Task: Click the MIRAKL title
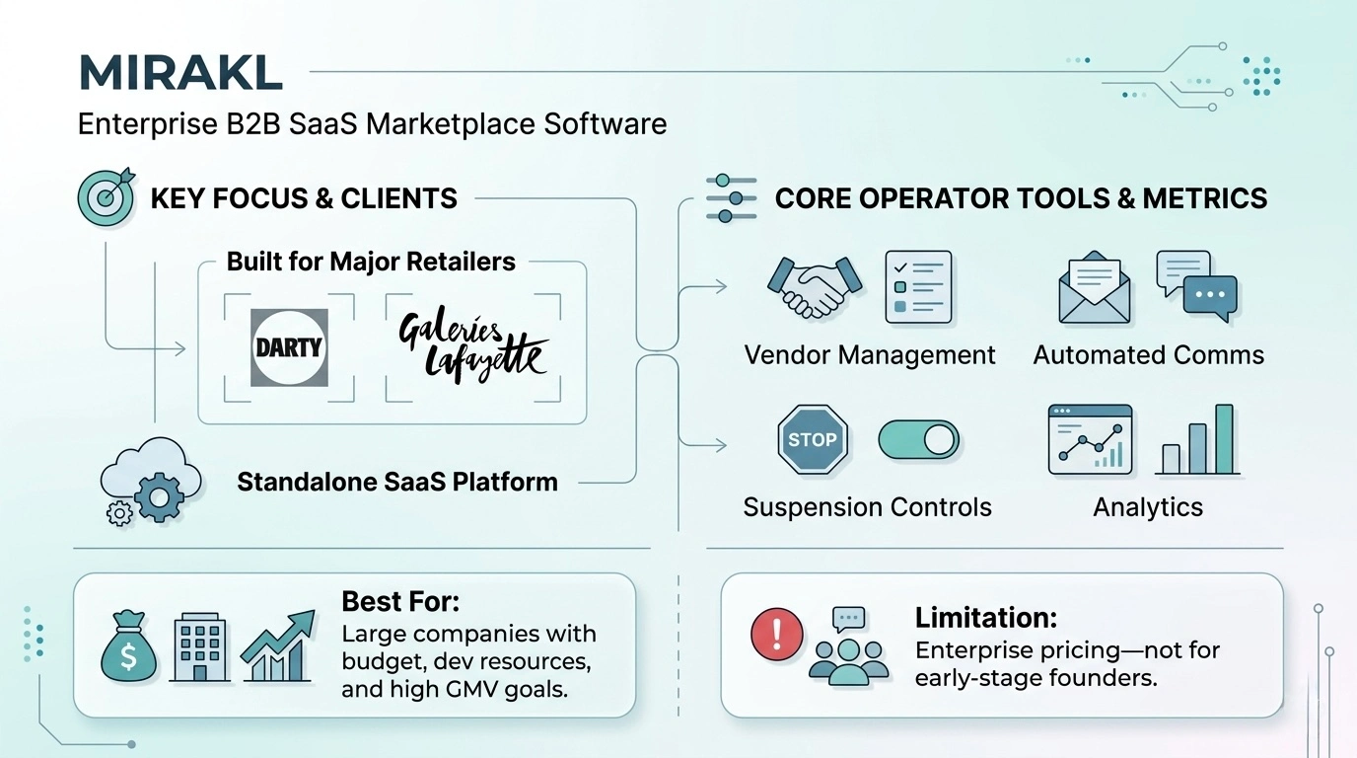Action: pyautogui.click(x=179, y=74)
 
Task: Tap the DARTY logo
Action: pyautogui.click(x=289, y=346)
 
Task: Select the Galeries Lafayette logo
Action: pyautogui.click(x=471, y=346)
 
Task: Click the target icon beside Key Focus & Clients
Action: pyautogui.click(x=106, y=197)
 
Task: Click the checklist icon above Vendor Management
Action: pyautogui.click(x=917, y=286)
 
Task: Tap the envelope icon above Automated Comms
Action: pyautogui.click(x=1095, y=288)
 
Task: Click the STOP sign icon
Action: pyautogui.click(x=813, y=439)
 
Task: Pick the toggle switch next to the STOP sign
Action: pyautogui.click(x=917, y=439)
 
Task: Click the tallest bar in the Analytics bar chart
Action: pyautogui.click(x=1224, y=439)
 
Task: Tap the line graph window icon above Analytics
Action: pyautogui.click(x=1089, y=439)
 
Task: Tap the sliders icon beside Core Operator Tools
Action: pyautogui.click(x=731, y=198)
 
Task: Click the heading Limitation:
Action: pyautogui.click(x=986, y=619)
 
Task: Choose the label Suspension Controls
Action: pyautogui.click(x=867, y=507)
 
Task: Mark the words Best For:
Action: pyautogui.click(x=400, y=601)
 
